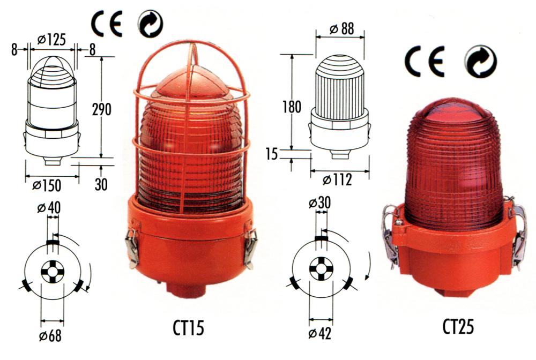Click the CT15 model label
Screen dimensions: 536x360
click(188, 328)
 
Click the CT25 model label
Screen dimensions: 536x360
click(458, 327)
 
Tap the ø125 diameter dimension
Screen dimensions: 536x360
click(51, 40)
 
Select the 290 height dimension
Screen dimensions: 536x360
click(102, 109)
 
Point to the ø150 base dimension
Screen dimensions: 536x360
click(47, 185)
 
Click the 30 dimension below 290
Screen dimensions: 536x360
click(101, 184)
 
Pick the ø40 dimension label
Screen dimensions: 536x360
click(49, 208)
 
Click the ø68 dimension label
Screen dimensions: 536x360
click(50, 336)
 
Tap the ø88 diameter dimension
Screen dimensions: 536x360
click(342, 29)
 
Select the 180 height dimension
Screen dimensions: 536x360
click(292, 107)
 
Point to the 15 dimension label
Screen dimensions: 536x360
click(272, 154)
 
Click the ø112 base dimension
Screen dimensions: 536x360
click(337, 179)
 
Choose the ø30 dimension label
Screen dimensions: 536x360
click(319, 203)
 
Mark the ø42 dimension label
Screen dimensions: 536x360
click(320, 334)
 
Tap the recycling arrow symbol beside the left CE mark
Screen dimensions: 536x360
click(151, 24)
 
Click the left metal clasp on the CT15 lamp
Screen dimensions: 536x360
click(132, 247)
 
